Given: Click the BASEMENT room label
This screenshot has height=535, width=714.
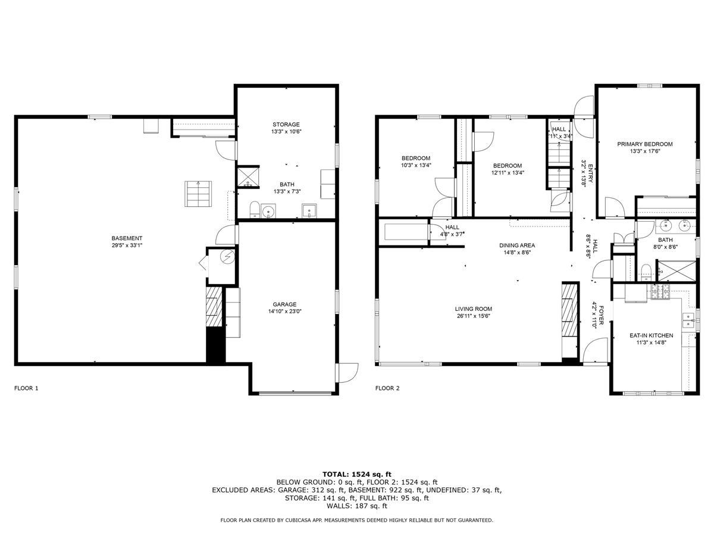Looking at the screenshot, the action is click(127, 238).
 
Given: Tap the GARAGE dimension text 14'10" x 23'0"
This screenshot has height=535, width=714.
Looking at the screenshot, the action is click(284, 311).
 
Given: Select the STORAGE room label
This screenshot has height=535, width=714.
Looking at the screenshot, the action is click(286, 124).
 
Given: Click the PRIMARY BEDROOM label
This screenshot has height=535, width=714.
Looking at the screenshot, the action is click(645, 144).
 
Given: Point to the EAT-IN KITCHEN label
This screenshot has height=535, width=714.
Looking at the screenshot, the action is click(651, 335).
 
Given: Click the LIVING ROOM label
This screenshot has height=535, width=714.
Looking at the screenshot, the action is click(473, 309).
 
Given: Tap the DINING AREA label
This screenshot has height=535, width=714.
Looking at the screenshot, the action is click(517, 246).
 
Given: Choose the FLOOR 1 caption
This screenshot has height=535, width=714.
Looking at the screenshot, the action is click(26, 388).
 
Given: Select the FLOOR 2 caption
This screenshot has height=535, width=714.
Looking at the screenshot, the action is click(387, 388).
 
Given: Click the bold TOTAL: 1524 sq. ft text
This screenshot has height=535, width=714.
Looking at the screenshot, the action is click(357, 474).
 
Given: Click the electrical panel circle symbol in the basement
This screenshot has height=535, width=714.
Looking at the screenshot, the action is click(227, 257).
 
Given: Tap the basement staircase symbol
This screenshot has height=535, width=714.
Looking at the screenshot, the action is click(198, 194).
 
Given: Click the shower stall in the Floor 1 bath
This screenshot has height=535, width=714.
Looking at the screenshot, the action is click(248, 177).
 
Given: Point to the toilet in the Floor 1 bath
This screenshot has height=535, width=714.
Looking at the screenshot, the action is click(255, 209).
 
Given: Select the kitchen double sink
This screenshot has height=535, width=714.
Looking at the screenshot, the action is click(688, 320).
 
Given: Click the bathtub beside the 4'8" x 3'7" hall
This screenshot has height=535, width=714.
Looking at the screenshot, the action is click(405, 232).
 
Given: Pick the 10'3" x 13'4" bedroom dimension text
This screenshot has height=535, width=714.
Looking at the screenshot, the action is click(416, 165).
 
